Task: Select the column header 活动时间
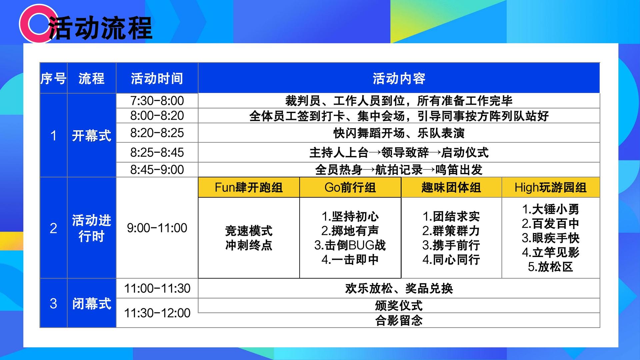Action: (x=157, y=79)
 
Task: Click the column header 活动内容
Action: (x=399, y=79)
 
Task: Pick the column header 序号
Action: (x=53, y=79)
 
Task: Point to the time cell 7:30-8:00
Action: (x=157, y=101)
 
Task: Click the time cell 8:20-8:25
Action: (x=157, y=133)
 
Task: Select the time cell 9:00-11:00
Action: (x=157, y=228)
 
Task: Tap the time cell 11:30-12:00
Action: (x=157, y=313)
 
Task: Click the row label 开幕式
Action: (x=92, y=136)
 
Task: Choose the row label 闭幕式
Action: (x=92, y=304)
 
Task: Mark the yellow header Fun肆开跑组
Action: (x=249, y=187)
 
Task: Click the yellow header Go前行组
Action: (x=350, y=187)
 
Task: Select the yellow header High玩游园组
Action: (x=551, y=187)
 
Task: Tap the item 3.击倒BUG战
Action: (x=350, y=245)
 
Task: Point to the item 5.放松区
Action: (x=551, y=267)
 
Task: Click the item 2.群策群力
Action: (x=451, y=231)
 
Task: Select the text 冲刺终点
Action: (x=249, y=245)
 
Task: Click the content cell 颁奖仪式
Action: (x=399, y=305)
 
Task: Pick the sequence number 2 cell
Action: (x=53, y=228)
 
